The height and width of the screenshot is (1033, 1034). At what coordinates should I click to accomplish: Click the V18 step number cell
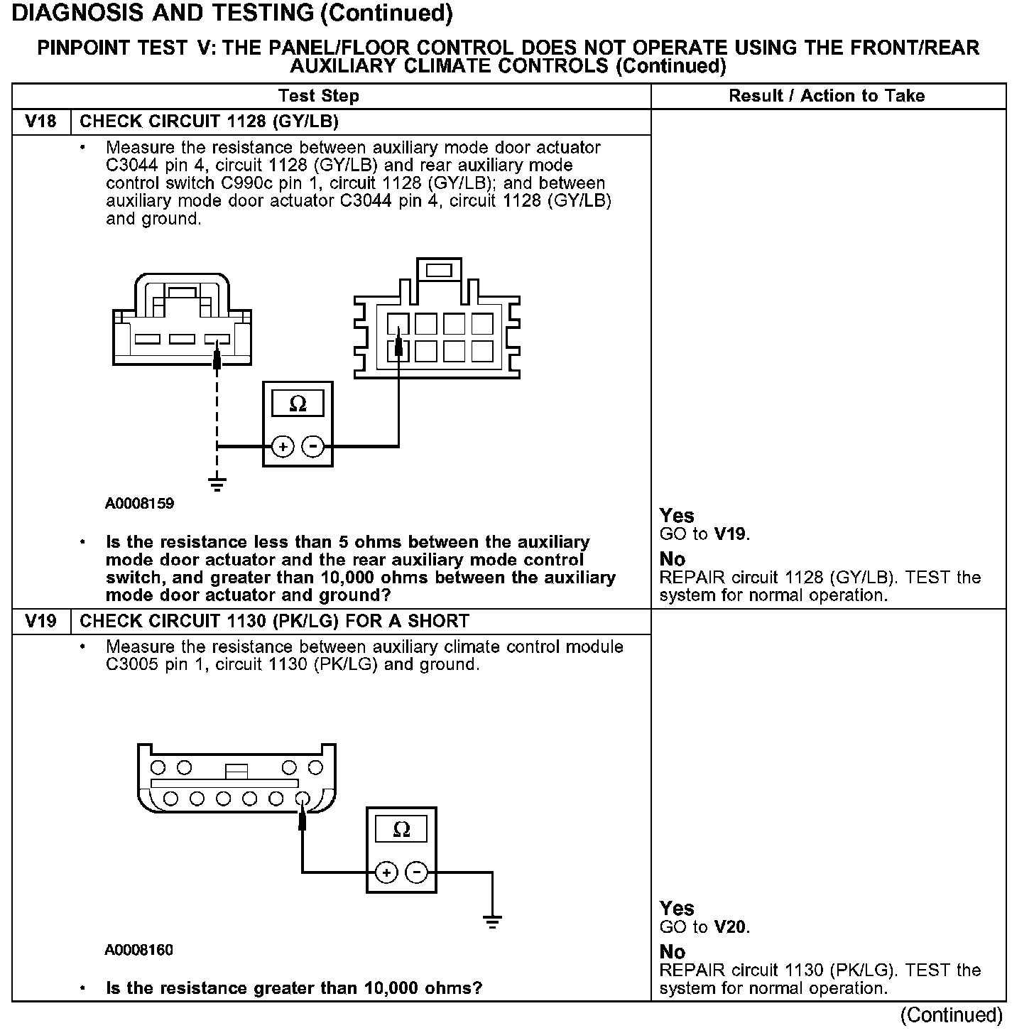41,121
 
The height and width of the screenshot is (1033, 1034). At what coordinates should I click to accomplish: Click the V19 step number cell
41,621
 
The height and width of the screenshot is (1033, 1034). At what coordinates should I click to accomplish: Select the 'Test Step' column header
319,96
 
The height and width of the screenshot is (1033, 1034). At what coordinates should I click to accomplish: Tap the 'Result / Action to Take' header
827,96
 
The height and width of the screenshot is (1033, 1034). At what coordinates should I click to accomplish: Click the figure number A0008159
140,504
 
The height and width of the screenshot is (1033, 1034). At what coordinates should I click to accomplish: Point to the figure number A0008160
139,950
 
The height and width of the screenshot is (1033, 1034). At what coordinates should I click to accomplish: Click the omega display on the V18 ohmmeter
298,404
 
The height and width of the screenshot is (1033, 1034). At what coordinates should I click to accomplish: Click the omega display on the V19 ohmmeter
401,829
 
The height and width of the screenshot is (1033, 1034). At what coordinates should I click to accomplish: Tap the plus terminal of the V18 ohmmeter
283,447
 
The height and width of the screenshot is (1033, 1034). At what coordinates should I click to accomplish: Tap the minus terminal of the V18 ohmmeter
312,447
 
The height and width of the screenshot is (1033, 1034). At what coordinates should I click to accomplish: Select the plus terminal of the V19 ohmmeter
386,872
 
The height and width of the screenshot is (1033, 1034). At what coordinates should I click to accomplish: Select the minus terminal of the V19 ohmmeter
416,872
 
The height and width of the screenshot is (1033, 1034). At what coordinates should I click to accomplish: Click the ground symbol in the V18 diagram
217,485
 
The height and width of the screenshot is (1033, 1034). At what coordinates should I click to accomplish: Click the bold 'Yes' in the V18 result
677,516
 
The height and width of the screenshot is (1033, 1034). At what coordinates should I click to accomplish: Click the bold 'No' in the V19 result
673,952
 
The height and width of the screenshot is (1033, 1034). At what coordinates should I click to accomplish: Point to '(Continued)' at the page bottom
952,1015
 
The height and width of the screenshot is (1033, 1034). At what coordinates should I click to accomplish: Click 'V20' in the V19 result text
731,927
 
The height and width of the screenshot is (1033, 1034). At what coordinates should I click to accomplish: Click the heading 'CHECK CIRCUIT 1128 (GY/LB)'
209,121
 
